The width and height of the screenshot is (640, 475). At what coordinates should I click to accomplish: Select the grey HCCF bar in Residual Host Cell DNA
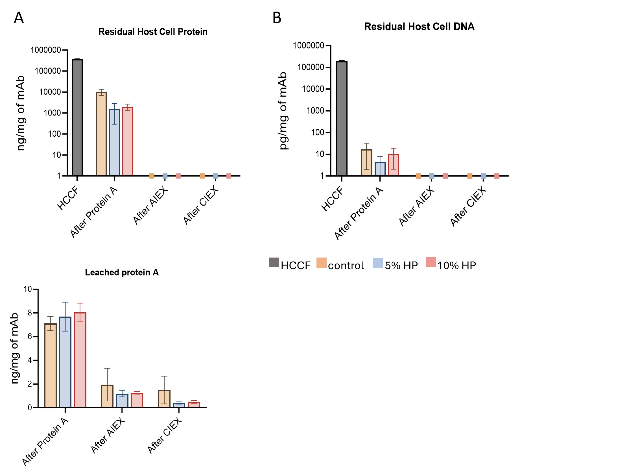point(342,118)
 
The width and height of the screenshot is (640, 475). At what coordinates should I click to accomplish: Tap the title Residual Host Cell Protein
point(153,32)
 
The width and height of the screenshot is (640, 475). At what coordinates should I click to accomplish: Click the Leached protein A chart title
point(122,272)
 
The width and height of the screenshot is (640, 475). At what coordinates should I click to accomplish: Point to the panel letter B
point(276,18)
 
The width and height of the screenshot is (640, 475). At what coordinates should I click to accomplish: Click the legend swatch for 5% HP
point(378,263)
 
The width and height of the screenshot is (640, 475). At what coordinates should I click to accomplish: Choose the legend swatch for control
point(321,263)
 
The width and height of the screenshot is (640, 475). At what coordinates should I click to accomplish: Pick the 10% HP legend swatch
point(431,262)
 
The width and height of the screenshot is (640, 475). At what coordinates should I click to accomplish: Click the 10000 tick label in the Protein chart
point(50,92)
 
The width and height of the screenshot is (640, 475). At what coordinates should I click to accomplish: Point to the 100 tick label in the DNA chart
point(318,132)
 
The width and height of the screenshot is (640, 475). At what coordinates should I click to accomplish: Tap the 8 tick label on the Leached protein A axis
point(30,313)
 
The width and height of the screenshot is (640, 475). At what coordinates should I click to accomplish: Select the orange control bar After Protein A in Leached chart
point(51,365)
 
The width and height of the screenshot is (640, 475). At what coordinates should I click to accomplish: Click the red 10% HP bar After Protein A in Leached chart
point(80,360)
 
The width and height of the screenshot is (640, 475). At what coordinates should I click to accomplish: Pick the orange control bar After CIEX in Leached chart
point(164,399)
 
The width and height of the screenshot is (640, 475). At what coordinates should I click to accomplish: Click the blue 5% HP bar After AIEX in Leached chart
point(122,400)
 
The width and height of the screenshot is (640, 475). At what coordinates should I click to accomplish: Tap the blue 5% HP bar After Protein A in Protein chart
point(114,142)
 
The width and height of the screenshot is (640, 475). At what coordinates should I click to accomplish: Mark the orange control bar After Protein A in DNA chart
point(366,162)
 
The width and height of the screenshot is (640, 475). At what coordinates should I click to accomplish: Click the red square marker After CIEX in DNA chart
point(497,176)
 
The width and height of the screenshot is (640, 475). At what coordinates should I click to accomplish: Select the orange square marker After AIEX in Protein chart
point(152,176)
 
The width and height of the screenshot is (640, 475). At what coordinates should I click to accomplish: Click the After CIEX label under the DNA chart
point(468,206)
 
